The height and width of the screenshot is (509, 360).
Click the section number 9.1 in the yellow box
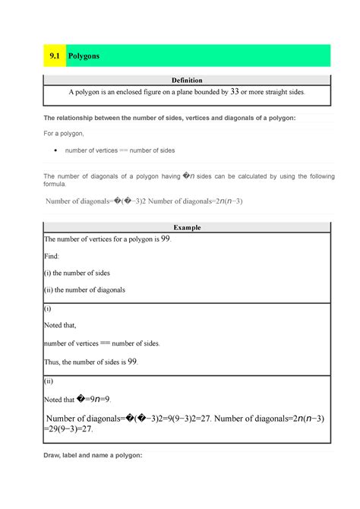(53, 56)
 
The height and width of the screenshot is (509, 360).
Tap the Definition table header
(188, 81)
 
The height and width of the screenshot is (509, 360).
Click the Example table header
(188, 227)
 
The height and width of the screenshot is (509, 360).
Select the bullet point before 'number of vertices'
(56, 150)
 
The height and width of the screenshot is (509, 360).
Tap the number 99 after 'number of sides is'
(132, 362)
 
